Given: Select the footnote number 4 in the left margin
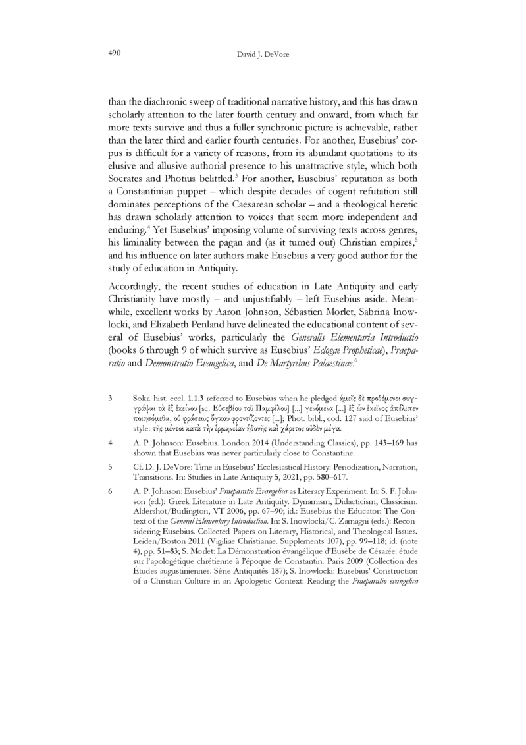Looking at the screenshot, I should coord(110,462).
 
